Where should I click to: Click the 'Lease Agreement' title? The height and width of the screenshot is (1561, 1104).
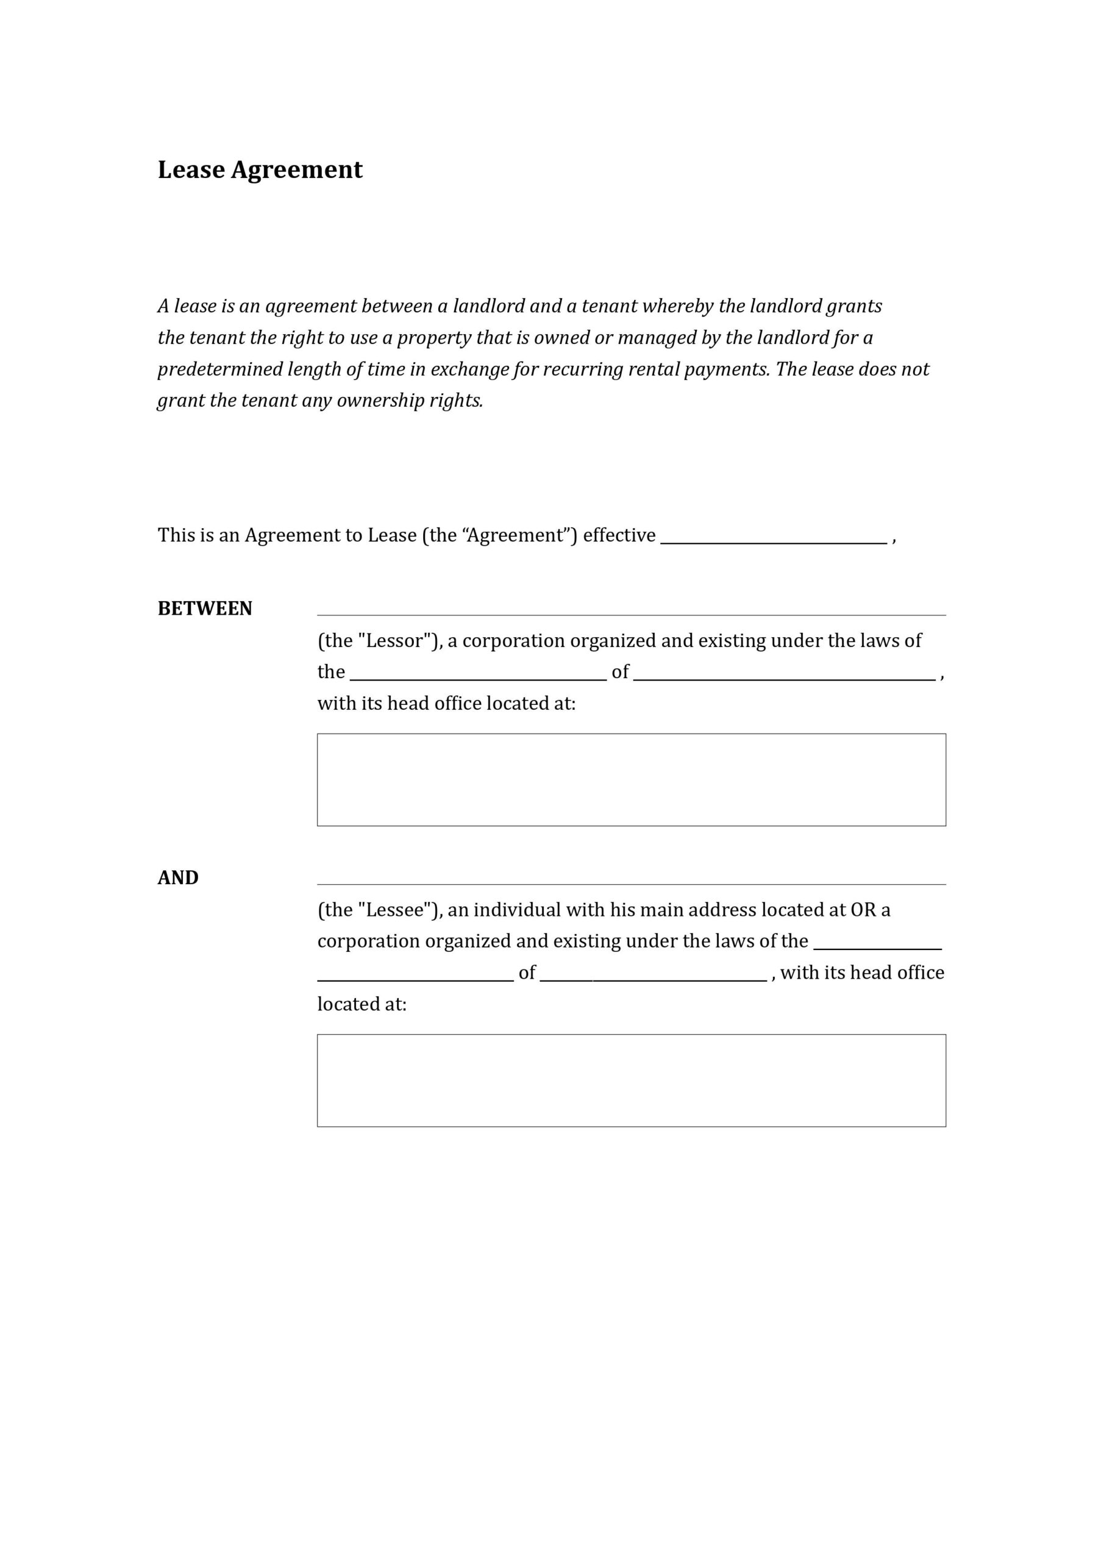(x=260, y=170)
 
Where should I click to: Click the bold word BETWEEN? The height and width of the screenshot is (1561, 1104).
(x=205, y=609)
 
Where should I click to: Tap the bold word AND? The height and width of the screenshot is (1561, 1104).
(x=178, y=877)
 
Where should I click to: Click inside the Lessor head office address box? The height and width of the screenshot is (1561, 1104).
(x=631, y=779)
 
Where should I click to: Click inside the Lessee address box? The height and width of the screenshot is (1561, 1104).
(x=631, y=1081)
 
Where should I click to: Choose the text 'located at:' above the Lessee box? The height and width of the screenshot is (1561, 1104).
(x=361, y=1004)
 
